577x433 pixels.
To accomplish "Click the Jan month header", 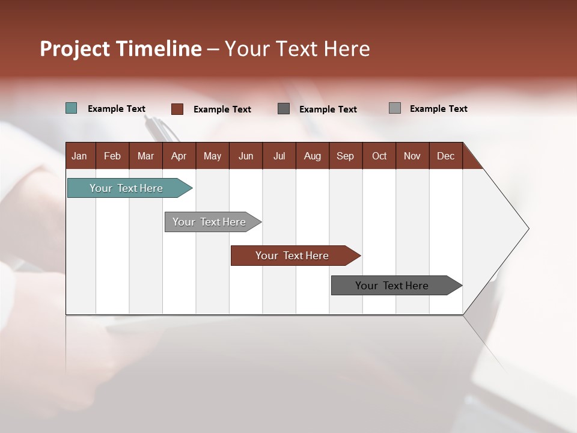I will coord(79,156).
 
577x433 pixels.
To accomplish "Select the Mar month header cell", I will coord(145,156).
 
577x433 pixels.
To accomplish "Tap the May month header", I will coord(212,156).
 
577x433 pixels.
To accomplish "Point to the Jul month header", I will coord(279,156).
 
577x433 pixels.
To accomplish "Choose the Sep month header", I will coord(345,156).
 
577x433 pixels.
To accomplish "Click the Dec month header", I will coord(445,156).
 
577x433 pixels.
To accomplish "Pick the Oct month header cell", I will coord(379,156).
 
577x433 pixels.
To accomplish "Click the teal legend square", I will coord(72,108).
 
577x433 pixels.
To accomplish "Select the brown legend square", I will coord(177,109).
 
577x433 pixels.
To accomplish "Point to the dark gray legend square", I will coord(284,109).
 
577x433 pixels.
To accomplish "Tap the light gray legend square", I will coord(395,108).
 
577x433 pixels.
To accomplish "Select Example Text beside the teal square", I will coord(117,109).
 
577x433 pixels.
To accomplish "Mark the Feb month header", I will coord(112,156).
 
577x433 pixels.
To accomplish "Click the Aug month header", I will coord(312,156).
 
